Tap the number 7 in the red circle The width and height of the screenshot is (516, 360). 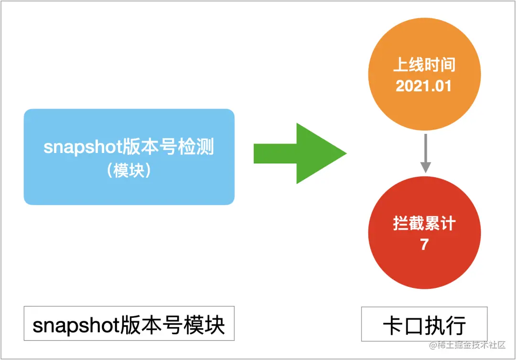424,244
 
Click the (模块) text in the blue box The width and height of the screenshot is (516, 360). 129,170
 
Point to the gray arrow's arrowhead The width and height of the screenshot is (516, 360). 425,167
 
